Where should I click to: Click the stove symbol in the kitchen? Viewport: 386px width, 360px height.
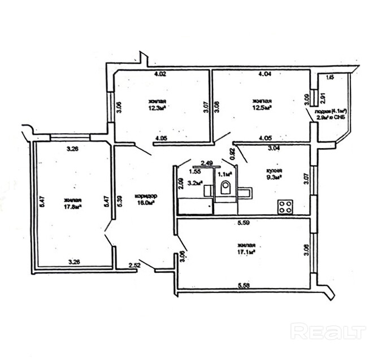(284, 206)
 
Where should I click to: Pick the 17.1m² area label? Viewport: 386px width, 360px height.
(246, 251)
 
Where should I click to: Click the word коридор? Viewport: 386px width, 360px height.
(146, 196)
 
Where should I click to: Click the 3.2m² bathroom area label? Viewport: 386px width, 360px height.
(195, 183)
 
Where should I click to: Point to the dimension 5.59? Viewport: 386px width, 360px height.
(244, 224)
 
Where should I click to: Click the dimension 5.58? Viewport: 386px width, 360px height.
(244, 286)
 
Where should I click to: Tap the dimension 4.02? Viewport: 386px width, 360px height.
(162, 73)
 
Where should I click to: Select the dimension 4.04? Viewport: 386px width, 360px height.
(264, 73)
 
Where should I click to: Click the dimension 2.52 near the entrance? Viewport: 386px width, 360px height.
(135, 264)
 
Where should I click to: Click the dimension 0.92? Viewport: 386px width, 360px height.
(231, 153)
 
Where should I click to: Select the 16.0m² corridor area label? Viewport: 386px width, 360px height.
(146, 203)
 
